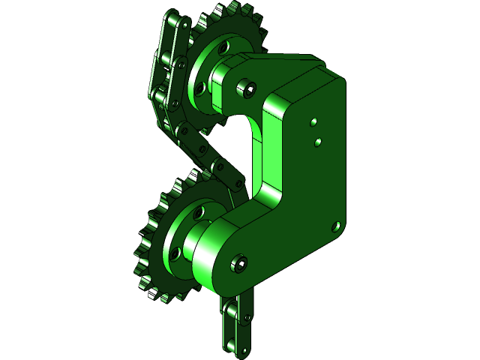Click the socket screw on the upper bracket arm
[x=248, y=89]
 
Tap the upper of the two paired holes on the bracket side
[x=313, y=120]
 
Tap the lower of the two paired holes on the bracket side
[x=318, y=140]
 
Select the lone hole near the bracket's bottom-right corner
[x=336, y=224]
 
